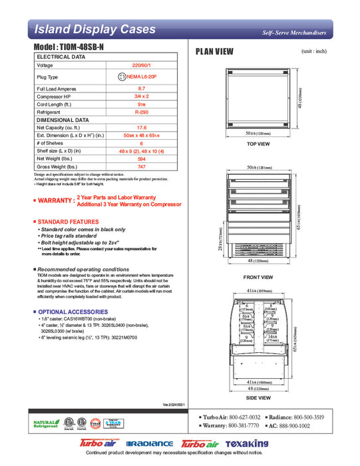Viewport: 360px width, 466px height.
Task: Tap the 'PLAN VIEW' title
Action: click(x=214, y=51)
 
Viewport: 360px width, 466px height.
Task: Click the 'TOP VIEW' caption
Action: click(x=258, y=144)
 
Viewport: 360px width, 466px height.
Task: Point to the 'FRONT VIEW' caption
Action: click(x=258, y=277)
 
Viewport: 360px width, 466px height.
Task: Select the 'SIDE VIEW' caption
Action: click(x=258, y=397)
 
